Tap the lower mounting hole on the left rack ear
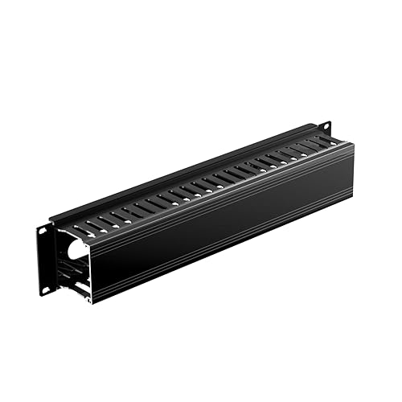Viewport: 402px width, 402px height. [46, 287]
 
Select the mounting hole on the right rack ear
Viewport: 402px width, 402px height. [326, 125]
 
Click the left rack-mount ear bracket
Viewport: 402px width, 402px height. [45, 259]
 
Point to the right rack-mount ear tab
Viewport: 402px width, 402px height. [325, 129]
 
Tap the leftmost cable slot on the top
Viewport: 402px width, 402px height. [80, 232]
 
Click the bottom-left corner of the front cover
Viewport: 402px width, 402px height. [91, 303]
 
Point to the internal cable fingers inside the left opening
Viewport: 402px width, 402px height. [72, 273]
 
